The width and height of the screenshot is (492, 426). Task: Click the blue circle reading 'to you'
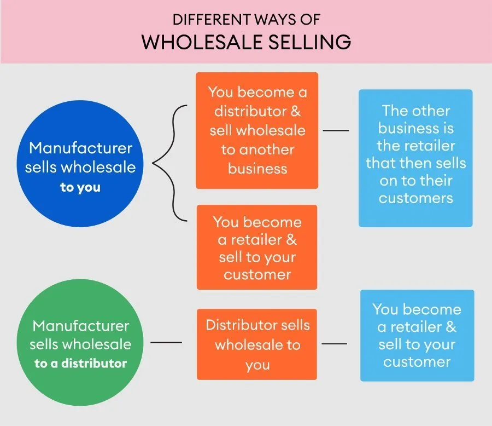[80, 164]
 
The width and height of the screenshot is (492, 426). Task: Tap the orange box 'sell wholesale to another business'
[257, 130]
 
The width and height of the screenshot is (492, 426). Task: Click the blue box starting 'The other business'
[415, 158]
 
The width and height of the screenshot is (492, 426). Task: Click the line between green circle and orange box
[166, 343]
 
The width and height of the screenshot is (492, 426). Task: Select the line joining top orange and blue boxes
[336, 131]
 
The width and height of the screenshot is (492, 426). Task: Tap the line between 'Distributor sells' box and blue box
[335, 344]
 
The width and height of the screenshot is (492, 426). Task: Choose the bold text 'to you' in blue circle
[80, 188]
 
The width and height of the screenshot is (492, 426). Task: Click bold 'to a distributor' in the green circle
[80, 363]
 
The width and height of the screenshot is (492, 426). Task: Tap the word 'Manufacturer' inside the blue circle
[80, 148]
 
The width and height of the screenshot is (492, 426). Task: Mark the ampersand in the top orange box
[296, 111]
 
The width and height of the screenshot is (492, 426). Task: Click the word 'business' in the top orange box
[257, 169]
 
